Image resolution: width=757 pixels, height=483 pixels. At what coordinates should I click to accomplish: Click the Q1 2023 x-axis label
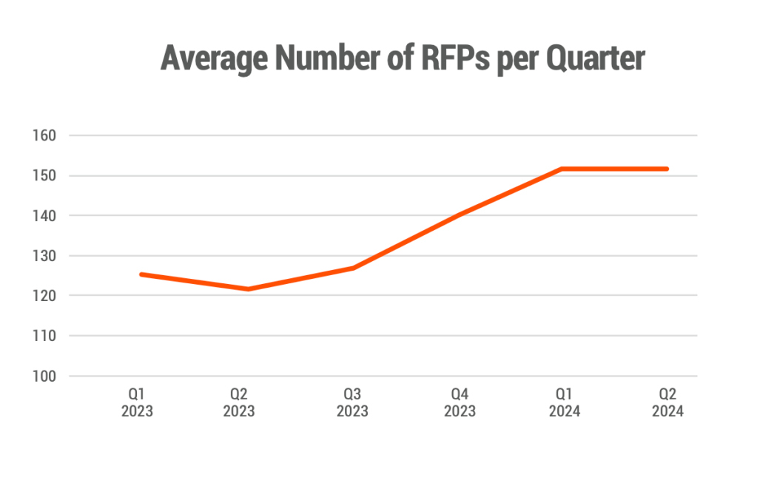[137, 402]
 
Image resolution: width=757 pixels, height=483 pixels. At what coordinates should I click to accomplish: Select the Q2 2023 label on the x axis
[238, 402]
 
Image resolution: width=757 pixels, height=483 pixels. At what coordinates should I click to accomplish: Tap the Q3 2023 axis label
[352, 402]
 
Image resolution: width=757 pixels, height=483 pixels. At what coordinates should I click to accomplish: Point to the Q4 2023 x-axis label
[460, 402]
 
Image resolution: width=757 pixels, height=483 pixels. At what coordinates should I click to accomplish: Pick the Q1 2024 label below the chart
[565, 402]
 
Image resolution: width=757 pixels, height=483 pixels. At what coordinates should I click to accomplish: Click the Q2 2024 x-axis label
[667, 402]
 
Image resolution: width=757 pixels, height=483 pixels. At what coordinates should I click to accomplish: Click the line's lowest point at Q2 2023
[248, 288]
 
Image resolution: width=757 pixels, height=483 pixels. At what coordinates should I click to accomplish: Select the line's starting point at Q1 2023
[141, 274]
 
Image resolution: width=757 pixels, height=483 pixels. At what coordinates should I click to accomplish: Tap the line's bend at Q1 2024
[562, 169]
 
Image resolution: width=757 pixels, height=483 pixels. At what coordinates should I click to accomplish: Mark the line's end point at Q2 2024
[667, 169]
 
